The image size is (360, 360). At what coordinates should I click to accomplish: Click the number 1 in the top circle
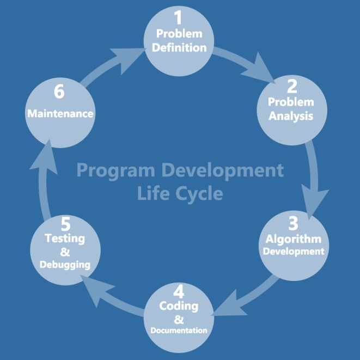pyautogui.click(x=178, y=17)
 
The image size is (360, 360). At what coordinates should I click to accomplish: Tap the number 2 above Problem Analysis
pyautogui.click(x=292, y=87)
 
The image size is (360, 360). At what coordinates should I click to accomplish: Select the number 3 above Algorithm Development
pyautogui.click(x=293, y=223)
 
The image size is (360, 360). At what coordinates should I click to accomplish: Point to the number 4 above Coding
pyautogui.click(x=179, y=292)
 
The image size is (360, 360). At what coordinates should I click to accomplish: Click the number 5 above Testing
pyautogui.click(x=66, y=224)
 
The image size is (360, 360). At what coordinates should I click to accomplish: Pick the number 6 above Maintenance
pyautogui.click(x=59, y=91)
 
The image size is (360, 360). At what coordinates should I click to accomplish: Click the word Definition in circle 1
pyautogui.click(x=179, y=48)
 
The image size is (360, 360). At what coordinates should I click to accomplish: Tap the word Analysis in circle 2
pyautogui.click(x=291, y=116)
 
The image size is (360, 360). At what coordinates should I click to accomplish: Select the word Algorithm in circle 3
pyautogui.click(x=294, y=239)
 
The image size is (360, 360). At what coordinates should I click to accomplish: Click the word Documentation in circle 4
pyautogui.click(x=179, y=331)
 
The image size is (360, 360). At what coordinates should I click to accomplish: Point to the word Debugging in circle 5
pyautogui.click(x=65, y=265)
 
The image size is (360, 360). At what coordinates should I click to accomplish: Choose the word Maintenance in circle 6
pyautogui.click(x=60, y=114)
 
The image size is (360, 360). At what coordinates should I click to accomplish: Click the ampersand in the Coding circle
pyautogui.click(x=179, y=319)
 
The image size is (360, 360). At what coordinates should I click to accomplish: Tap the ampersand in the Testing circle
pyautogui.click(x=65, y=252)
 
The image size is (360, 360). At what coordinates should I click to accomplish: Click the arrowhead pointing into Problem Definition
pyautogui.click(x=127, y=60)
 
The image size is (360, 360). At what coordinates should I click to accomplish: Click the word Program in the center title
pyautogui.click(x=115, y=171)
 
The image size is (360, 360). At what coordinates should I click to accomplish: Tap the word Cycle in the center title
pyautogui.click(x=199, y=194)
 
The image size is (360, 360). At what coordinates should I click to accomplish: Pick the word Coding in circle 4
pyautogui.click(x=179, y=306)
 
